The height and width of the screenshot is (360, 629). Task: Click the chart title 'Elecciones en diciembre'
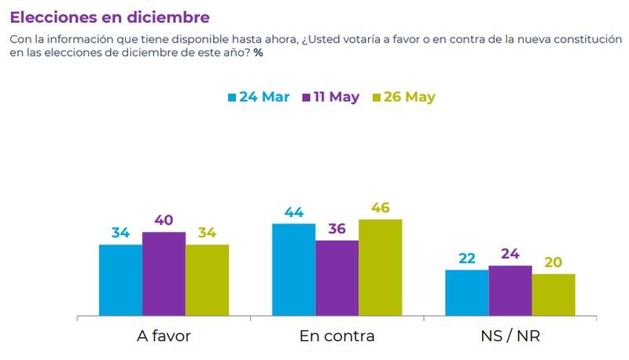tap(110, 17)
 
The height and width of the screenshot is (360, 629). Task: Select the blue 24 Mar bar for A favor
tap(120, 281)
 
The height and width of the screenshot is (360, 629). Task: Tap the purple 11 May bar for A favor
tap(164, 274)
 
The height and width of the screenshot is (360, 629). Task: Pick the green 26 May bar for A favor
tap(207, 281)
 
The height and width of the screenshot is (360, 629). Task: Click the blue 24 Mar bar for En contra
tap(293, 270)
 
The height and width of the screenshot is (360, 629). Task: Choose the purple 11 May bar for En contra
tap(337, 278)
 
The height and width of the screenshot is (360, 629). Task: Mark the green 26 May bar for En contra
tap(380, 268)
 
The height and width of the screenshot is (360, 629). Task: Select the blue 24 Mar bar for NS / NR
tap(466, 293)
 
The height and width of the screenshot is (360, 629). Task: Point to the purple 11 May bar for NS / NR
tap(509, 291)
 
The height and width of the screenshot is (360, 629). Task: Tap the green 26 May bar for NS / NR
tap(553, 296)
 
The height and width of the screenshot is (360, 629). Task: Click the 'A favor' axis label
tap(164, 336)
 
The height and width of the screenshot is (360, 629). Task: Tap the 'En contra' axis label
tap(337, 336)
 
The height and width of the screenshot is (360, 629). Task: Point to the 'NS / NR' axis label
tap(509, 336)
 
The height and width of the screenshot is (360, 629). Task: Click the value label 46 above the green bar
tap(380, 208)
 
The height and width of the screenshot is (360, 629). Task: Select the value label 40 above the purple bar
tap(164, 221)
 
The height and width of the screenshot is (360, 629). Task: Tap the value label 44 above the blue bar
tap(293, 212)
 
